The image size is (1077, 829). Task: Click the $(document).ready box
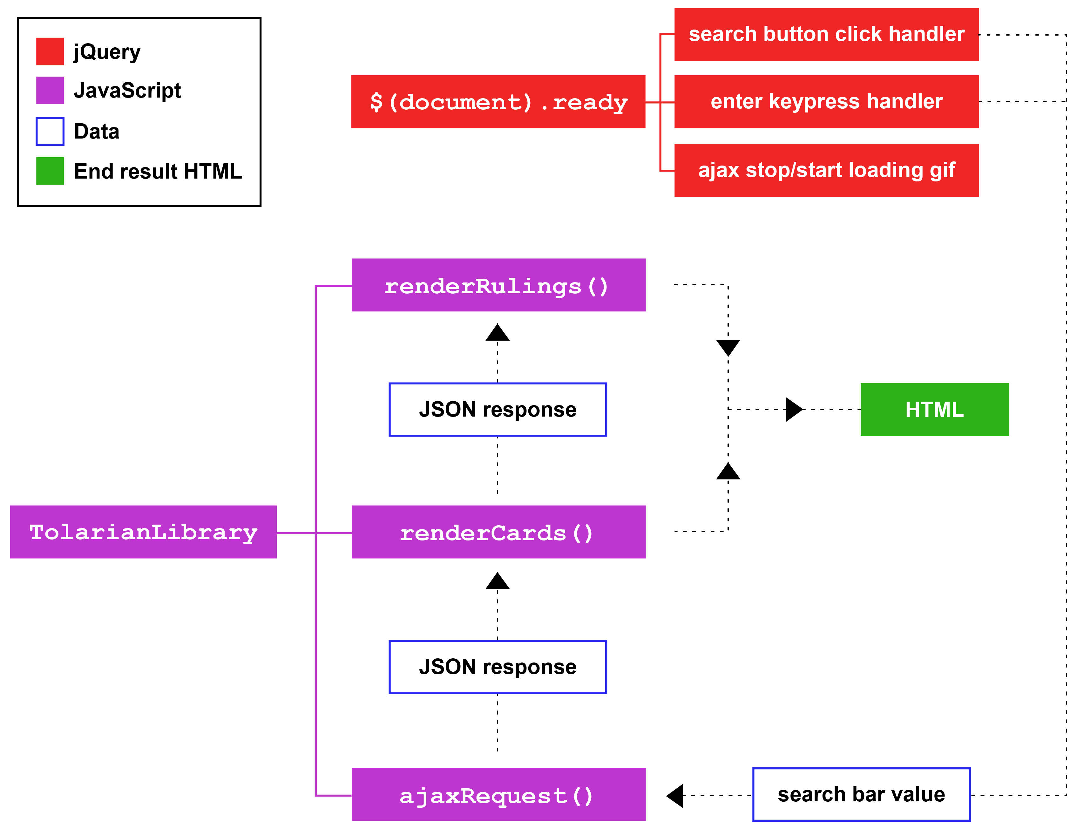point(498,102)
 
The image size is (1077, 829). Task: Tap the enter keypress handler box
point(826,102)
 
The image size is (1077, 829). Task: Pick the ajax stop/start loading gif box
point(826,170)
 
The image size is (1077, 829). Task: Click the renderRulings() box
point(498,285)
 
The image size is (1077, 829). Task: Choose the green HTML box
point(934,409)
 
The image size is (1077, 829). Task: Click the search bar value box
point(861,794)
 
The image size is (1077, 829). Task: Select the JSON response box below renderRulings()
point(498,409)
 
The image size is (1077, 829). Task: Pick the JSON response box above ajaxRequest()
point(498,667)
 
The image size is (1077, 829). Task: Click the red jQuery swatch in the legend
point(50,51)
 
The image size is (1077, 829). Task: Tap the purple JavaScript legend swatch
point(50,90)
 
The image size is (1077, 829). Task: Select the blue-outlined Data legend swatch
point(50,131)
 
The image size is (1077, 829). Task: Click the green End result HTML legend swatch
point(50,171)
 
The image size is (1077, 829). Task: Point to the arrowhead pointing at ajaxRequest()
point(676,795)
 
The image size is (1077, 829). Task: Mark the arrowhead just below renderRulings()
point(497,333)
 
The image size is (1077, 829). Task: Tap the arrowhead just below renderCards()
point(497,582)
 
